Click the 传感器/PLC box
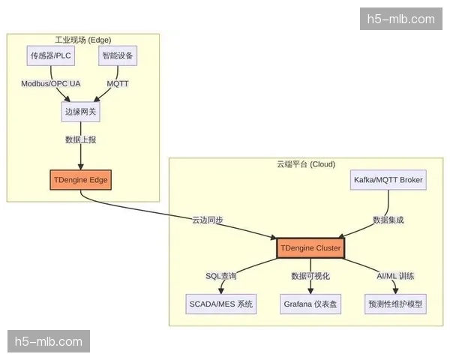[52, 56]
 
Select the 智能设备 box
[118, 56]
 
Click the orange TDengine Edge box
[81, 181]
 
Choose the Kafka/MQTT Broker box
[388, 180]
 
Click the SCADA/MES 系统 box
[221, 304]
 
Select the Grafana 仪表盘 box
[310, 304]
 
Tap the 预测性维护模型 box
[395, 304]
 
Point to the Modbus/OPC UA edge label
[51, 83]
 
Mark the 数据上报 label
[81, 140]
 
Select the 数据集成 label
[388, 220]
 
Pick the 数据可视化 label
[310, 277]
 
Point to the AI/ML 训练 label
[395, 277]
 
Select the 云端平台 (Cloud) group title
[301, 164]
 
